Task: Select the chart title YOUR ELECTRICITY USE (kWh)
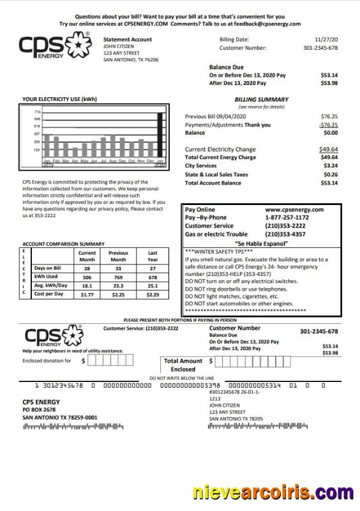coord(59,99)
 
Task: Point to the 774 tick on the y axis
coord(37,112)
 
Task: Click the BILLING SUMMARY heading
coord(261,100)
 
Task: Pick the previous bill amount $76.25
coord(329,117)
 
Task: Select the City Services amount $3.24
coord(330,165)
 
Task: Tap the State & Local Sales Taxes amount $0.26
coord(330,174)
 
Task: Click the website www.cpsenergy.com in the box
coord(294,210)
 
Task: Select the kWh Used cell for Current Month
coord(87,278)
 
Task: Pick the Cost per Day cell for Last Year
coord(152,294)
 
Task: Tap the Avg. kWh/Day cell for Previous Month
coord(118,286)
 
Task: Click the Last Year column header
coord(152,256)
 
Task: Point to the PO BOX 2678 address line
coord(39,409)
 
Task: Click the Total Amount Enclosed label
coord(183,365)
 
